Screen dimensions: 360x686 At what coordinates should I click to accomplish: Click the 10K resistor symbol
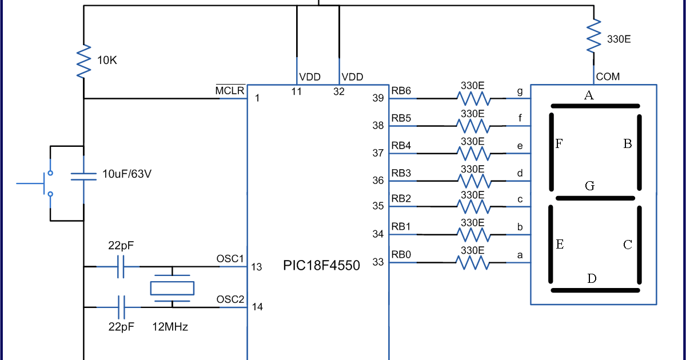point(83,61)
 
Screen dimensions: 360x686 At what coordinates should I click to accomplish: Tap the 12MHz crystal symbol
point(172,288)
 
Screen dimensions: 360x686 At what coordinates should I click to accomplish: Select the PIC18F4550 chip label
point(322,265)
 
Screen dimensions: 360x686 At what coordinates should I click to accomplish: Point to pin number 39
point(378,98)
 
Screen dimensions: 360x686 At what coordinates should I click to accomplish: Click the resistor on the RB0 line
point(472,262)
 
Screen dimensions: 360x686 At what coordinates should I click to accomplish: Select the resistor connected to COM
point(594,37)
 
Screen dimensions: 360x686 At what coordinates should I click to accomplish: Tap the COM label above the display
point(608,77)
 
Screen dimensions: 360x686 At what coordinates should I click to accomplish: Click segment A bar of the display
point(594,106)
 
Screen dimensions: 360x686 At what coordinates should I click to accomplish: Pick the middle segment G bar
point(595,198)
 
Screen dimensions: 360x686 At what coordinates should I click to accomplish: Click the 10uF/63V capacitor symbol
point(83,175)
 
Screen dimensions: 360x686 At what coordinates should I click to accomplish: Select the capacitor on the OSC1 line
point(121,266)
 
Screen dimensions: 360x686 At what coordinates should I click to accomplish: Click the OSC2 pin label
point(230,299)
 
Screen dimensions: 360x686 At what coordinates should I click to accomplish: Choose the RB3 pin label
point(401,172)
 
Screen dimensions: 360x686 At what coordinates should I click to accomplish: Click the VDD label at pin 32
point(352,77)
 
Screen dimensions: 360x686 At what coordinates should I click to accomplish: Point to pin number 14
point(257,307)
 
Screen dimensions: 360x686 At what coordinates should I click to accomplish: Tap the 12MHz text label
point(170,327)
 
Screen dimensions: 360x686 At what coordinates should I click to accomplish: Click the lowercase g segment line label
point(519,91)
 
